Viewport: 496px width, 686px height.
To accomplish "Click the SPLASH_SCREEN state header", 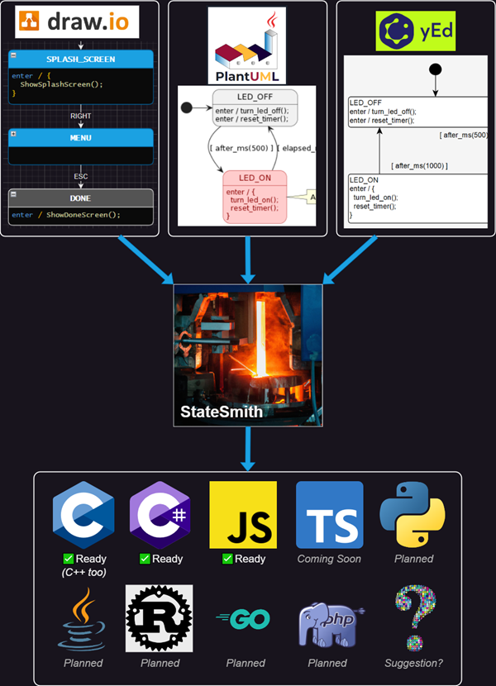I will coord(81,60).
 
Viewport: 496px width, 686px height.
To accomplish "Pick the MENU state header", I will coord(81,137).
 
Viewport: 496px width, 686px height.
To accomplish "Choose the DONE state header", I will coord(81,198).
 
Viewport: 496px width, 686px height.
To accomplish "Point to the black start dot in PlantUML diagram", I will coord(186,107).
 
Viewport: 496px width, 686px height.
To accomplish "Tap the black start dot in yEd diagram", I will coord(436,69).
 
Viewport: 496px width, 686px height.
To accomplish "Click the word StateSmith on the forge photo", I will coord(222,410).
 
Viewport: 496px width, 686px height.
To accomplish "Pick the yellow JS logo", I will coord(243,515).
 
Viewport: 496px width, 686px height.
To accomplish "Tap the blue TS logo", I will coord(329,515).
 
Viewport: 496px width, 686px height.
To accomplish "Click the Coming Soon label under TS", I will coord(329,559).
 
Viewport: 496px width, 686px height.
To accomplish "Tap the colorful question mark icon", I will coord(414,618).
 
